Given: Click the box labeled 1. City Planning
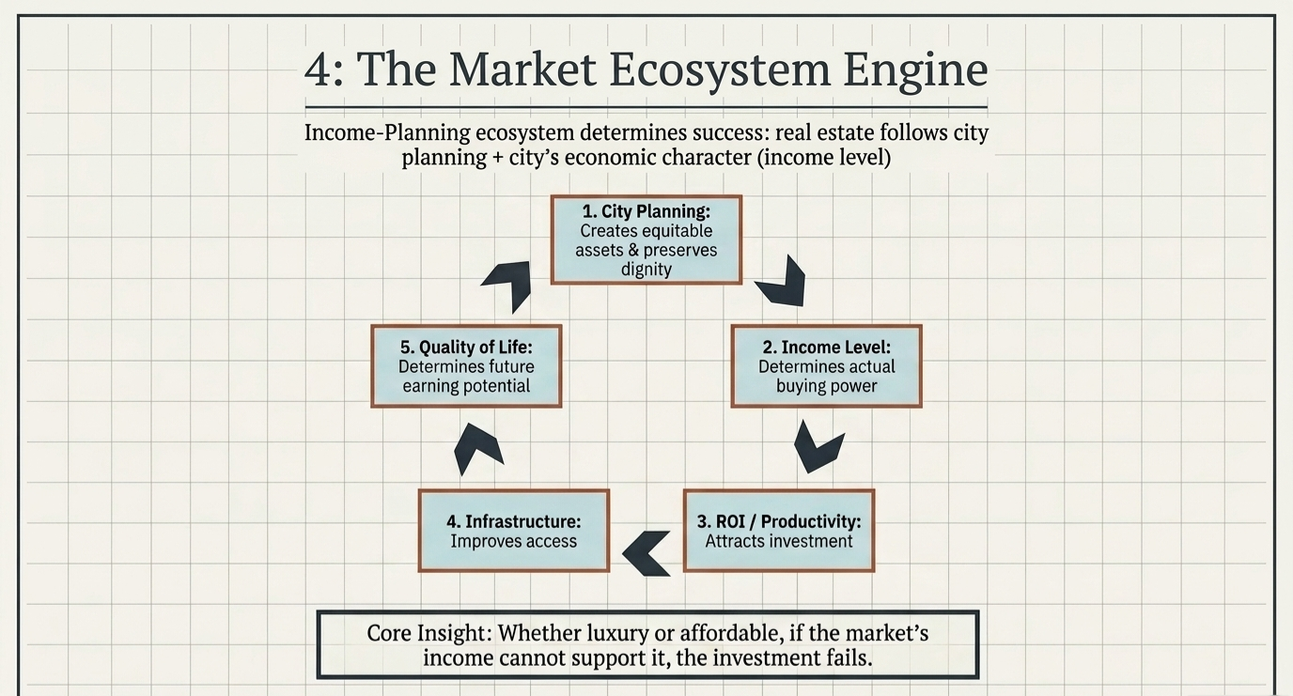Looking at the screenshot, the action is click(x=646, y=240).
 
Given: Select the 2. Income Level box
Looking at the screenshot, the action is click(x=826, y=366).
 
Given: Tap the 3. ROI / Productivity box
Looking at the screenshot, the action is click(x=779, y=531).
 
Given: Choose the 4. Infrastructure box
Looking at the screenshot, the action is click(x=514, y=531).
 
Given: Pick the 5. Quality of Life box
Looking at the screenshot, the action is click(x=466, y=366).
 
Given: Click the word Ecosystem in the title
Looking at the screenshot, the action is click(x=719, y=70).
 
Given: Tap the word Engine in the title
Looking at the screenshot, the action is click(x=915, y=70).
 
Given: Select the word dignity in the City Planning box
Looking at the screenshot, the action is click(x=646, y=269).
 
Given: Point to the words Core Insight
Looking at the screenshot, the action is click(x=428, y=633).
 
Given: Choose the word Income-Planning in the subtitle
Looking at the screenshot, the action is click(x=387, y=132).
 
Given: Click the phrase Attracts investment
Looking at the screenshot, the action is click(x=779, y=541).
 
